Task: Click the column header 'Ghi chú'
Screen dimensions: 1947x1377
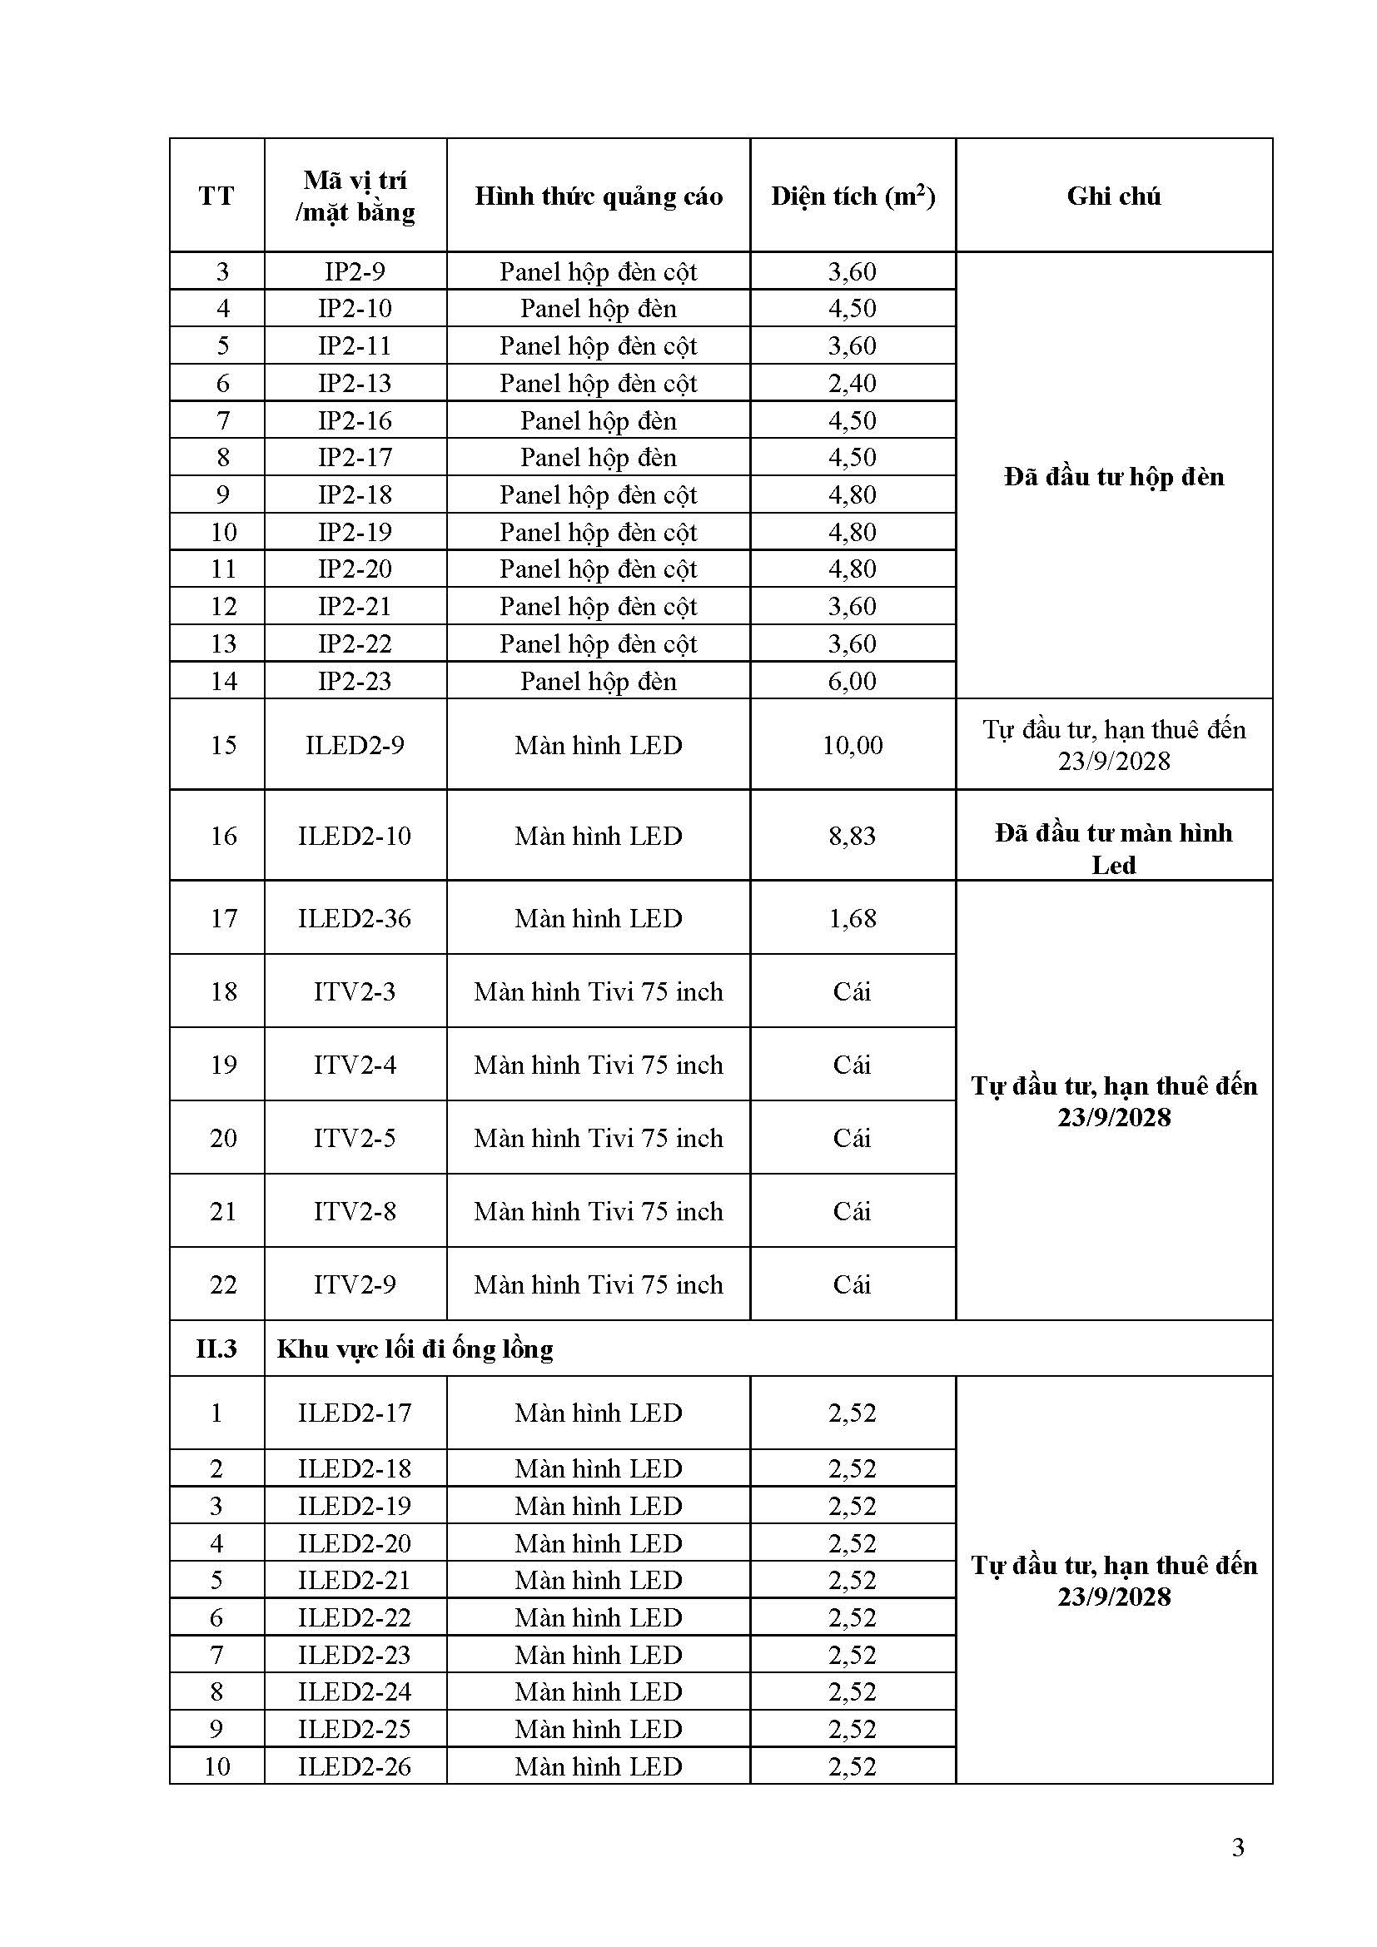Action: point(1113,196)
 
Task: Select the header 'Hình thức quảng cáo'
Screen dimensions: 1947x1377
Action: point(598,196)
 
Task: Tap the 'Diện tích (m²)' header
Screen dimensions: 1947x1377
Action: point(853,196)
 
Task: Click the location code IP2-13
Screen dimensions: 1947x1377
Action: point(355,383)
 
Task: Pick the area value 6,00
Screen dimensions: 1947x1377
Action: point(853,681)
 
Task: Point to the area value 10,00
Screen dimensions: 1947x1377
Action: point(853,745)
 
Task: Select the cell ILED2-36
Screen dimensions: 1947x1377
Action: point(355,918)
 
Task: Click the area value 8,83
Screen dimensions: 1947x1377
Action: point(853,836)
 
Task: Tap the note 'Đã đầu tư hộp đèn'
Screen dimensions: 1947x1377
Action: point(1113,477)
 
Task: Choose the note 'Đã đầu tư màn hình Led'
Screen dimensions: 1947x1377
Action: point(1113,849)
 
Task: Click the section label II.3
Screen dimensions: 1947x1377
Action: point(216,1349)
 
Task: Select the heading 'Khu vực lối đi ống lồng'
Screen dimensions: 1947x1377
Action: point(415,1349)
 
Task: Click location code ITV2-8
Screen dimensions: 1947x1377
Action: point(355,1212)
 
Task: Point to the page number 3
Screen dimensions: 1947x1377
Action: point(1238,1847)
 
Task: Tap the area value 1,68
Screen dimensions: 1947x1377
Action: point(853,918)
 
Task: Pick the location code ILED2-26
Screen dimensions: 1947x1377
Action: point(355,1766)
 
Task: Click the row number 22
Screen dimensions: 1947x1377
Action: point(223,1284)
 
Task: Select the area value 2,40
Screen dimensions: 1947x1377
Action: point(853,383)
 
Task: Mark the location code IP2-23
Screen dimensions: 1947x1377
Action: point(355,681)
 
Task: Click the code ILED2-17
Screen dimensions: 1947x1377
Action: point(355,1413)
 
